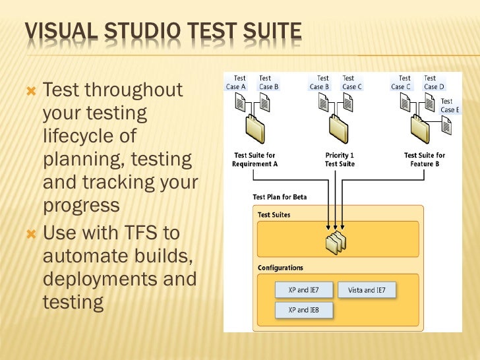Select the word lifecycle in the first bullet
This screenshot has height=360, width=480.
coord(89,136)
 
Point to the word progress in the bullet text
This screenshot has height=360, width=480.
coord(81,205)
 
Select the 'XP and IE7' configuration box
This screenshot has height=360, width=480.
coord(303,290)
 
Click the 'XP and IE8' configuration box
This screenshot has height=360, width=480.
coord(303,310)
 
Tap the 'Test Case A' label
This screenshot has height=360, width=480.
coord(235,82)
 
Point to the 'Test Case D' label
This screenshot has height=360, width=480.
coord(434,82)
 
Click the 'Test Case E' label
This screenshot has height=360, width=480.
coord(449,105)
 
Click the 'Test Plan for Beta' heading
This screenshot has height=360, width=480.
coord(280,196)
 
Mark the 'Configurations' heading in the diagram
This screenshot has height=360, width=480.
coord(280,268)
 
